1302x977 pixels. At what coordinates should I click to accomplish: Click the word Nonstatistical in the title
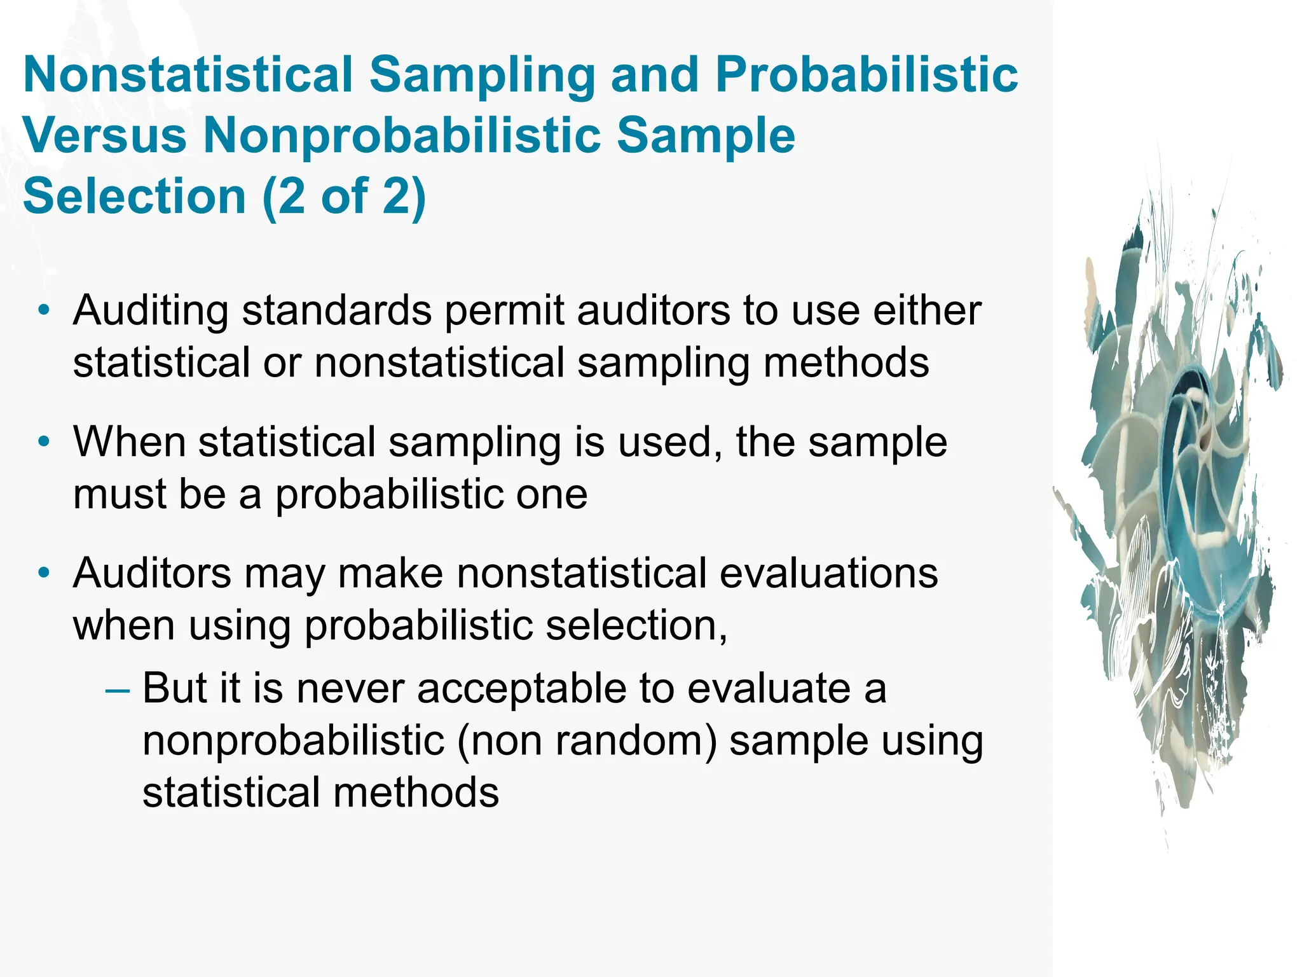tap(188, 74)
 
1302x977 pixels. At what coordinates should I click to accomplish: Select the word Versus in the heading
tap(105, 135)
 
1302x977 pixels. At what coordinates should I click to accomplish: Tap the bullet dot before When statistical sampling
tap(43, 442)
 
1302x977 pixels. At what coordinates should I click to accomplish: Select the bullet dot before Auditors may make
tap(43, 573)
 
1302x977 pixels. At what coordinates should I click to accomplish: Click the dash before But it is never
tap(117, 689)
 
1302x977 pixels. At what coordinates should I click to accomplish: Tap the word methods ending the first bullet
tap(846, 363)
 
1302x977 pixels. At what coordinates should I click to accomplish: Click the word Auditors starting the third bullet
tap(152, 573)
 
